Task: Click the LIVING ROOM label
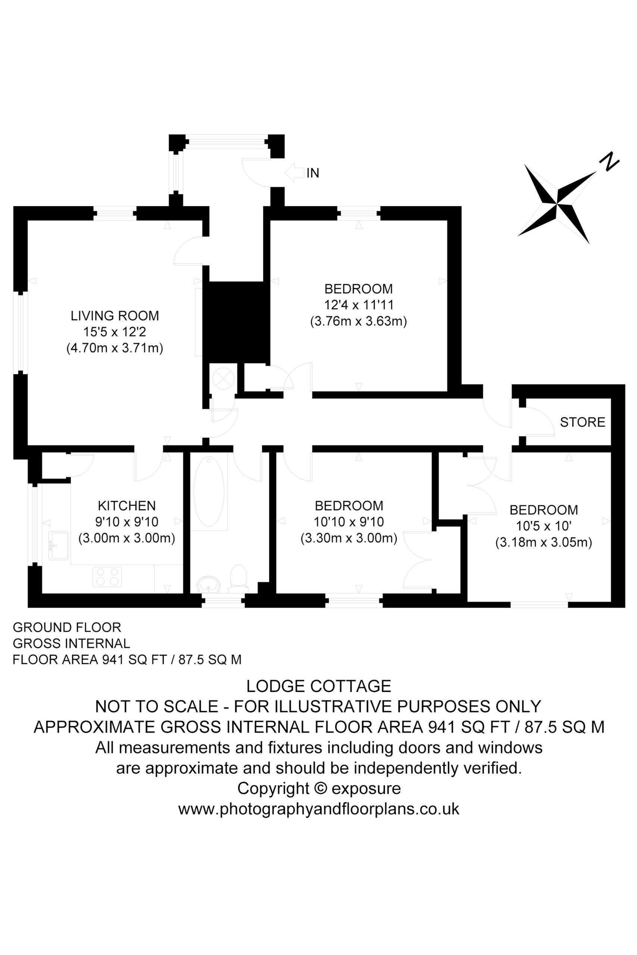tap(115, 316)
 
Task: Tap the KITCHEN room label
tap(127, 505)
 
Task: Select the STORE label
tap(583, 422)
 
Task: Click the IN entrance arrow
tap(294, 173)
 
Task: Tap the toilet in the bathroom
tap(238, 577)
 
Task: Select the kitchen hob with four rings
tap(107, 577)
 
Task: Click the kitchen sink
tap(59, 545)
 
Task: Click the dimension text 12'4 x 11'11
tap(359, 305)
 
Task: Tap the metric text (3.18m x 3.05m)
tap(544, 542)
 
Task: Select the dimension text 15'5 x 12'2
tap(115, 332)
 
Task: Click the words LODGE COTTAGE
tap(319, 686)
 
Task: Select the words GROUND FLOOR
tap(67, 627)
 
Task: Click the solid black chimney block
tap(236, 322)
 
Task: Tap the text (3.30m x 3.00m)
tap(349, 538)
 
